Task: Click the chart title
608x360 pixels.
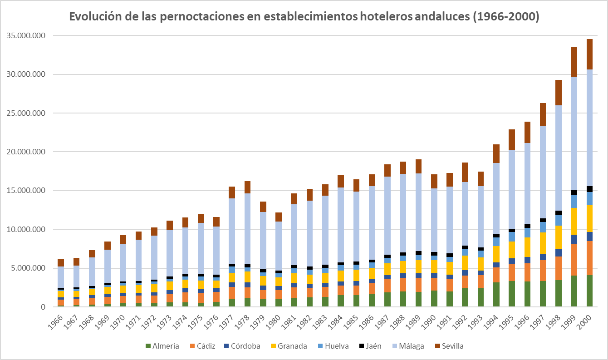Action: tap(304, 17)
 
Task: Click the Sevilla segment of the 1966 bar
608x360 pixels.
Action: tap(60, 263)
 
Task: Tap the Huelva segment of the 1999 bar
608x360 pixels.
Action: tap(574, 201)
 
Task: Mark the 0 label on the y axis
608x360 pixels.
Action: tap(43, 307)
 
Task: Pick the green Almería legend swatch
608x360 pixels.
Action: tap(147, 346)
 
